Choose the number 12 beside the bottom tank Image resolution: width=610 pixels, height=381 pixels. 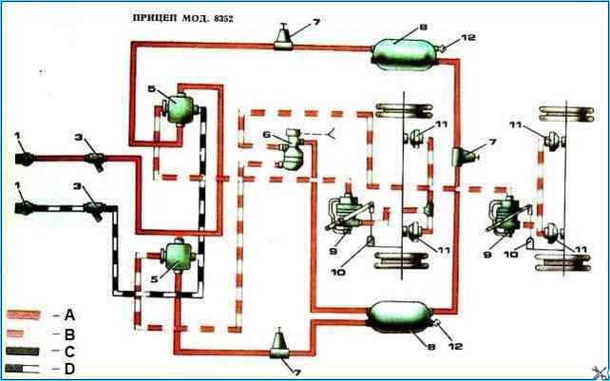pyautogui.click(x=454, y=348)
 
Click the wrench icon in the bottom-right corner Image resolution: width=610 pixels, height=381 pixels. pyautogui.click(x=597, y=370)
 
